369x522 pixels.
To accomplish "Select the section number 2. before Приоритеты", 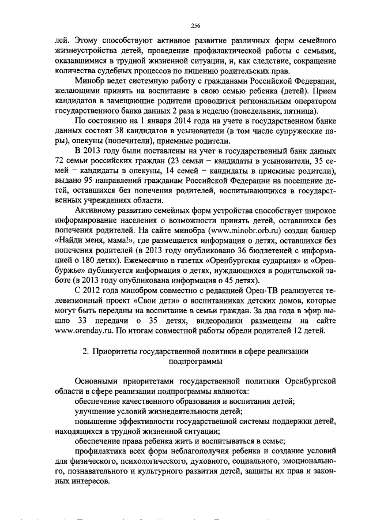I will click(x=86, y=351).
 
